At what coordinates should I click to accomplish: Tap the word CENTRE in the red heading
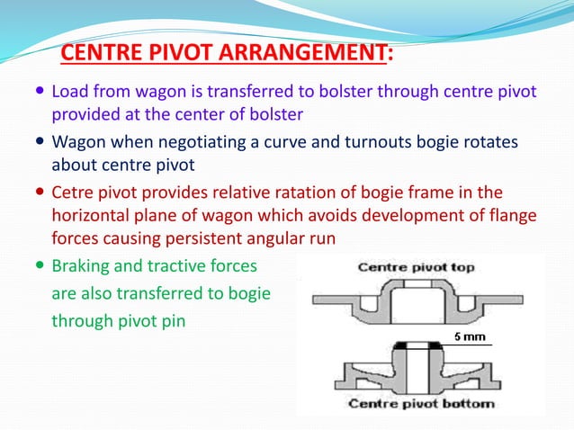tap(95, 56)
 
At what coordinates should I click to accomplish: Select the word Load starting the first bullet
tap(69, 92)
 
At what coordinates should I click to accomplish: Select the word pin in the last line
tap(172, 320)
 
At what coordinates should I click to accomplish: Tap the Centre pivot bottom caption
tap(421, 403)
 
